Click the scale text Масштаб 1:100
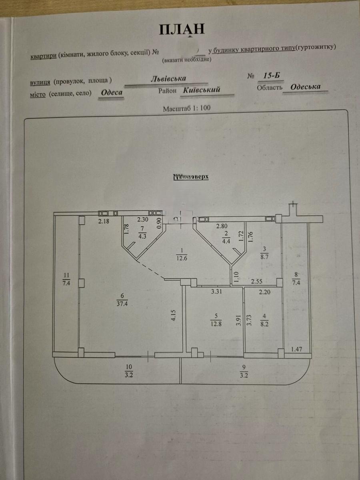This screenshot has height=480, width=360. [x=187, y=108]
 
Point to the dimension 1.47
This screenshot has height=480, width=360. [x=296, y=349]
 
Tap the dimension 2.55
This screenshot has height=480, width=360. [x=256, y=281]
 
